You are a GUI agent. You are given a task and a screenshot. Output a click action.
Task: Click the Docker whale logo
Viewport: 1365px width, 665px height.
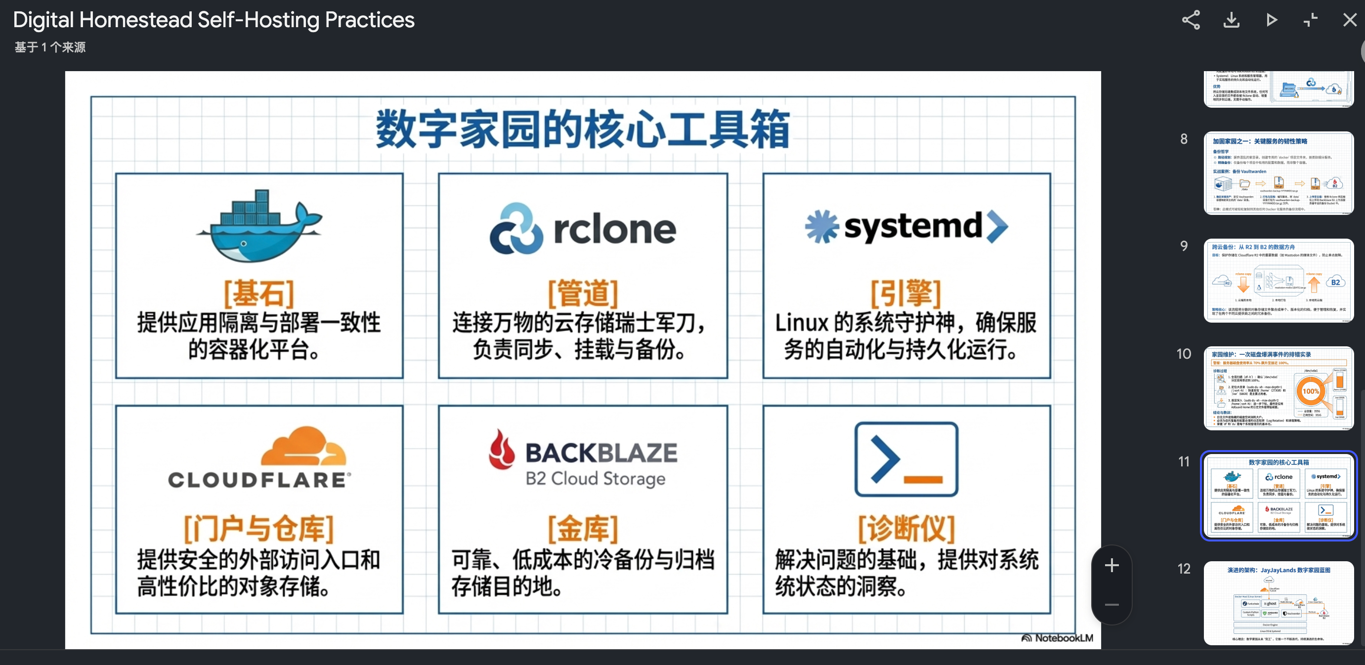click(259, 226)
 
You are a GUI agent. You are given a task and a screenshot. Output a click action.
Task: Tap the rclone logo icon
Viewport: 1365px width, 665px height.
click(516, 229)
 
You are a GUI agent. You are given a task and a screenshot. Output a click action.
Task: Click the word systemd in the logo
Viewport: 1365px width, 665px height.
click(912, 227)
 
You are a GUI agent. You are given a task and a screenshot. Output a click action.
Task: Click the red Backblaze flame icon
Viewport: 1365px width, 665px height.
click(501, 450)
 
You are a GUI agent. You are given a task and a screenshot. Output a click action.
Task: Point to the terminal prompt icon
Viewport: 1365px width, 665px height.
click(905, 459)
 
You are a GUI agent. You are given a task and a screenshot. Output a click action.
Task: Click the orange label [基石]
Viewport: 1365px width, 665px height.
click(258, 293)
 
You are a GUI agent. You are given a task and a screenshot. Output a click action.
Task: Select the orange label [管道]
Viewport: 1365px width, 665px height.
click(582, 293)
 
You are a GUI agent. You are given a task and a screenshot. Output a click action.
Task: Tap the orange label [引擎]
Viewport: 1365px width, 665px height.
click(905, 293)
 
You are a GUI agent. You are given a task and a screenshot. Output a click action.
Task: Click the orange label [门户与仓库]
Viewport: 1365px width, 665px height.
click(258, 528)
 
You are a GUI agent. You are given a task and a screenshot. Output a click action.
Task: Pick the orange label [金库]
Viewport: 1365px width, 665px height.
click(582, 528)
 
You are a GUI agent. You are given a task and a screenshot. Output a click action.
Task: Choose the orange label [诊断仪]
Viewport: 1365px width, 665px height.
click(905, 528)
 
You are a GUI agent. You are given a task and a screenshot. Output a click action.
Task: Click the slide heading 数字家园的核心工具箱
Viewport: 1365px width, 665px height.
click(582, 129)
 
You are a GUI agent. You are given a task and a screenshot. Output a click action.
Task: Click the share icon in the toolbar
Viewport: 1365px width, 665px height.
click(1190, 20)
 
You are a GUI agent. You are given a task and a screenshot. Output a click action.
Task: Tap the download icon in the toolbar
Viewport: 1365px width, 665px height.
click(1231, 20)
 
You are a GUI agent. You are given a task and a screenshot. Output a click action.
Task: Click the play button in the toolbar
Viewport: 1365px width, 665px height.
click(1271, 20)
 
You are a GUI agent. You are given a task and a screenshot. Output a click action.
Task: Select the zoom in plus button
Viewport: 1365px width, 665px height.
click(1111, 565)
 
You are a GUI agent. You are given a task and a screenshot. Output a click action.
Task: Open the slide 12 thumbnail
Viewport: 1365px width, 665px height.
click(1278, 602)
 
